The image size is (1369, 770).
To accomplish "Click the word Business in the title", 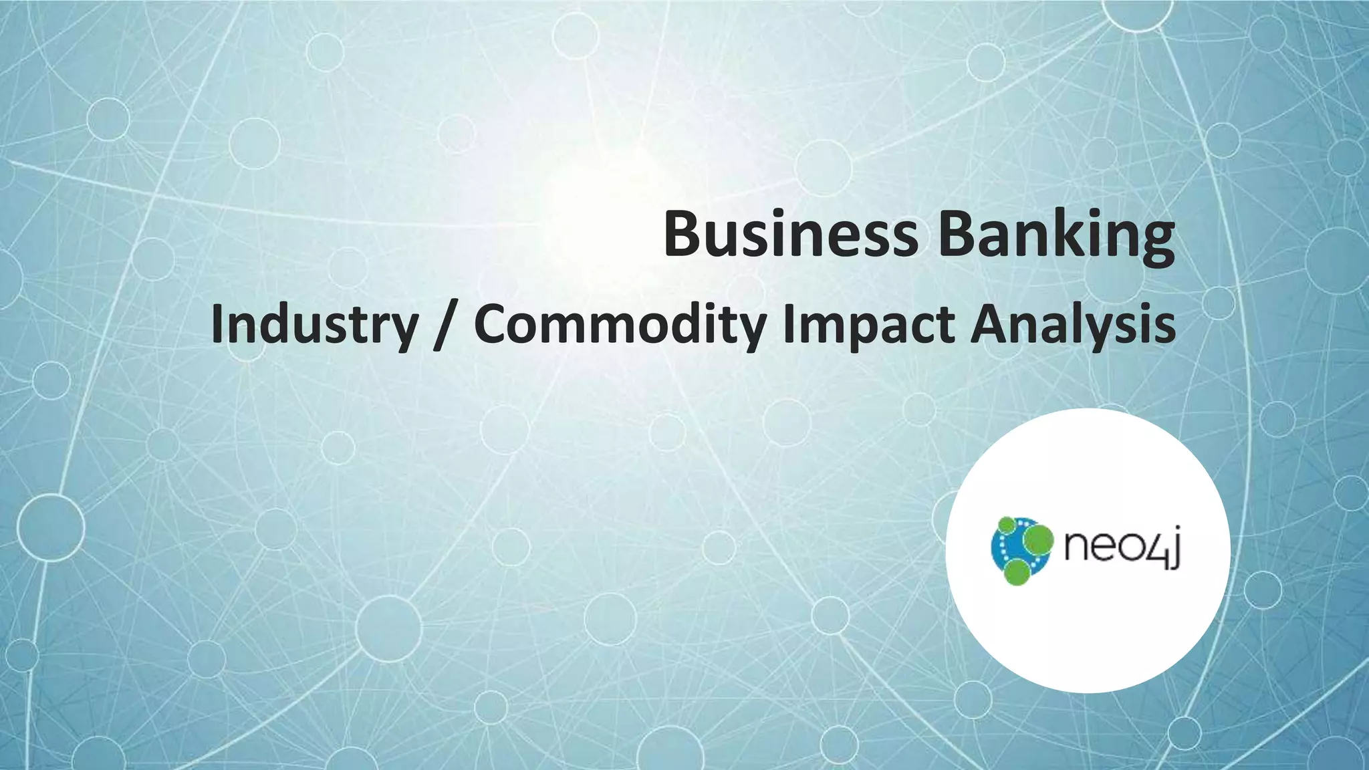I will point(791,233).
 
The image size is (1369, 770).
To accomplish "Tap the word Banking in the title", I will point(1055,233).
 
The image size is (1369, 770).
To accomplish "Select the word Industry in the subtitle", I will point(314,324).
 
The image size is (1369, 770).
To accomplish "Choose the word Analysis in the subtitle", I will point(1072,324).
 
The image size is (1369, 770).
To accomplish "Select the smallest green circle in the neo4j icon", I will point(1006,525).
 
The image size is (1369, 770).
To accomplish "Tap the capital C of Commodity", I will point(493,324).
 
